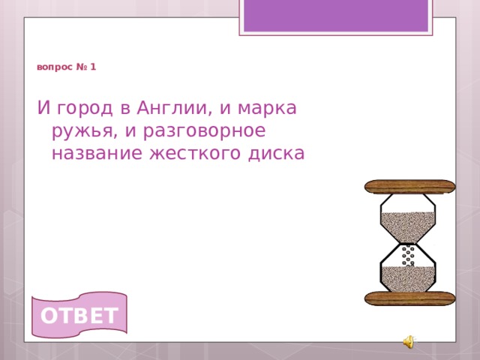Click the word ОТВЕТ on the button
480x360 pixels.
[79, 316]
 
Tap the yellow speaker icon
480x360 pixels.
[408, 342]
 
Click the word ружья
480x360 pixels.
[81, 131]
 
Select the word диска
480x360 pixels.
[278, 153]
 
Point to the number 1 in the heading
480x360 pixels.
[93, 67]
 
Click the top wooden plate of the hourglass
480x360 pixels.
[409, 187]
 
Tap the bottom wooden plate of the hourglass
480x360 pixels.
[409, 298]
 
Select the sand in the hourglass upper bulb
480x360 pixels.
[408, 223]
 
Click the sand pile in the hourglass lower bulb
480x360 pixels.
[408, 278]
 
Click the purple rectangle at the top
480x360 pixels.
[336, 15]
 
